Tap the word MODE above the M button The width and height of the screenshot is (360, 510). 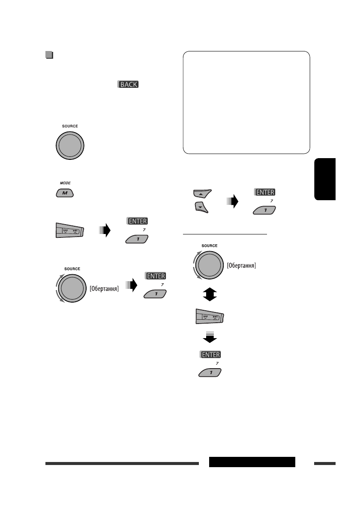(65, 183)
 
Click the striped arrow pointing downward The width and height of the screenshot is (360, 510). (210, 336)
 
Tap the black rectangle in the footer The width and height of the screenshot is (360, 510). (252, 462)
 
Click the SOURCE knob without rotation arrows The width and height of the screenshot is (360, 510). (70, 144)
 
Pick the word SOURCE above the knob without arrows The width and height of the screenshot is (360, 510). (70, 126)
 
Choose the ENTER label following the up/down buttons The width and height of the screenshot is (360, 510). (264, 192)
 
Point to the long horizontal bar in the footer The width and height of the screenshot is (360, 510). (122, 463)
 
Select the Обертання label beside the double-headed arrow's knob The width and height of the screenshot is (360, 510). (242, 266)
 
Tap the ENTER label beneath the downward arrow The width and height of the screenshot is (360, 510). (210, 355)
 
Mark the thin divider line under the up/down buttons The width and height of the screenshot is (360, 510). (225, 234)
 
